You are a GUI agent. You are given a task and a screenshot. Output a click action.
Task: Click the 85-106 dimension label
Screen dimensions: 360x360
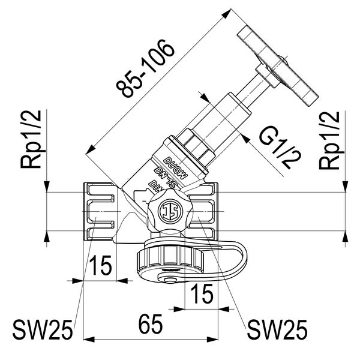pyautogui.click(x=148, y=71)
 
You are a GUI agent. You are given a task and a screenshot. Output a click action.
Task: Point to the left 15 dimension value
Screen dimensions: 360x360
pyautogui.click(x=103, y=265)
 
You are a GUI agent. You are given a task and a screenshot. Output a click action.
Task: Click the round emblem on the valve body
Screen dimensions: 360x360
pyautogui.click(x=170, y=211)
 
